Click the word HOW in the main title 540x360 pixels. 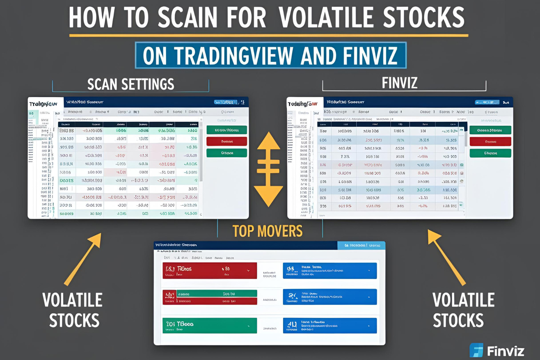91,18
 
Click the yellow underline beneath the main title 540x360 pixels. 269,35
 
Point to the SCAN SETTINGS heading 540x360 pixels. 130,84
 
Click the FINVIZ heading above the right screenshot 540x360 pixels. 399,83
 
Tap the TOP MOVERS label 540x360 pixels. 267,231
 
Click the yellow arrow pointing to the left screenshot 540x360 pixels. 83,258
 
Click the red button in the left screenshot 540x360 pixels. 227,141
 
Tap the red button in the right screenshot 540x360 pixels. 490,142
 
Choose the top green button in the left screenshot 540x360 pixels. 227,130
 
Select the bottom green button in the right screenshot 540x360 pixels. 490,153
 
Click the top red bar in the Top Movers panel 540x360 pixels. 210,270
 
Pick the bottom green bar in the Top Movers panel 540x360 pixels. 210,325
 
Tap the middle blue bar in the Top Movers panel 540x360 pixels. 330,297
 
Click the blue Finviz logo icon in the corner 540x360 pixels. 476,350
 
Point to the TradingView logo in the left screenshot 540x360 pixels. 43,104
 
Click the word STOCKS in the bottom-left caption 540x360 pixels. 74,321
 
